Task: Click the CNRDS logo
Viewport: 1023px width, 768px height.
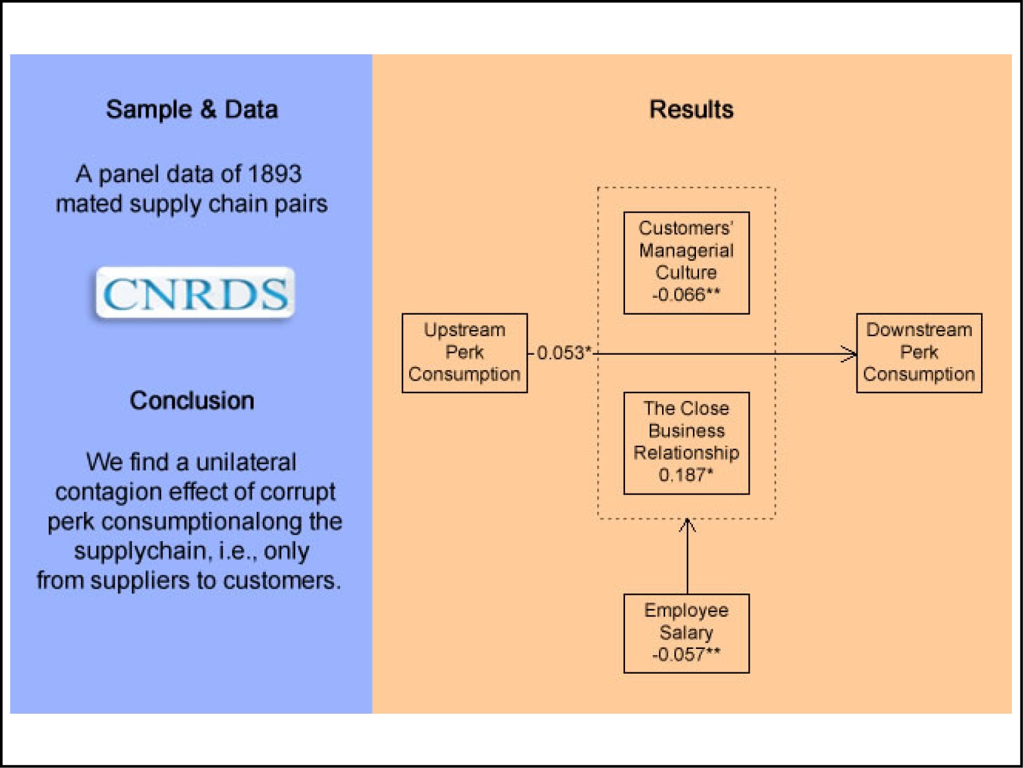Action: (195, 292)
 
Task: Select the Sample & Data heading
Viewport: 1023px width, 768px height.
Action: (192, 110)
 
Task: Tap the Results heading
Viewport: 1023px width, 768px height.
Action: (691, 110)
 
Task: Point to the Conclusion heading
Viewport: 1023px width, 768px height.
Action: (192, 400)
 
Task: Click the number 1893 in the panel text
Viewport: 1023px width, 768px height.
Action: (275, 174)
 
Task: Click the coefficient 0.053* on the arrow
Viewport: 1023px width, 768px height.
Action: (564, 353)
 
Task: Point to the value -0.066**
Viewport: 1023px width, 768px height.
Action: (686, 295)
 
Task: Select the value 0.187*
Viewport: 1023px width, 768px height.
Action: (686, 475)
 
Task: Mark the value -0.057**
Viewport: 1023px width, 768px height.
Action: (686, 654)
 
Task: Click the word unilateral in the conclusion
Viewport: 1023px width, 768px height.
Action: (246, 463)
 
